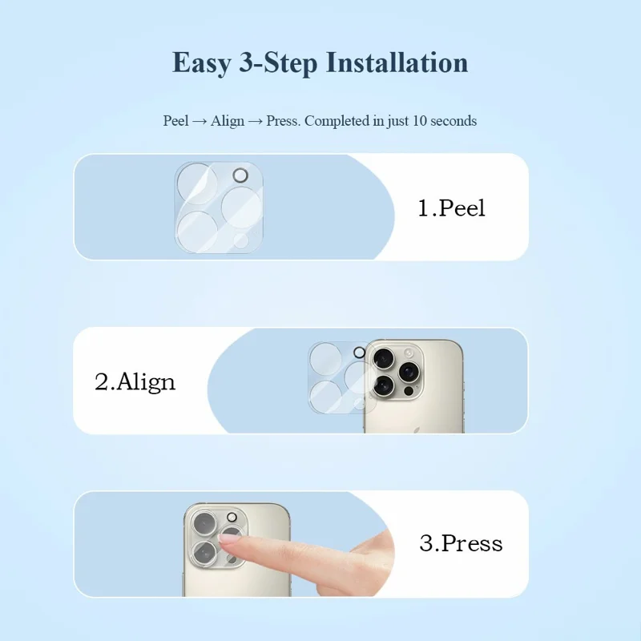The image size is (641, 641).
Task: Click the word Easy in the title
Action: (x=202, y=63)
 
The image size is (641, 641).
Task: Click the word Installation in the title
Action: (x=397, y=62)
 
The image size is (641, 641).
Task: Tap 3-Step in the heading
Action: (x=278, y=62)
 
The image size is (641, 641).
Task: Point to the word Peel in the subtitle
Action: (x=175, y=121)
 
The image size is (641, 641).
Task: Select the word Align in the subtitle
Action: (x=228, y=122)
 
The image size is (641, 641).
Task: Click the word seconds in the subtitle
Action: (x=454, y=121)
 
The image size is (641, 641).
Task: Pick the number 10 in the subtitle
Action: (x=419, y=121)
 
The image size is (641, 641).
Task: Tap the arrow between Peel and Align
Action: (x=200, y=122)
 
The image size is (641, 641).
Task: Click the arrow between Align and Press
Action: (x=255, y=122)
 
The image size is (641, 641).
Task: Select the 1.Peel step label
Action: (x=451, y=208)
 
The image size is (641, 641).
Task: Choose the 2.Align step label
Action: (x=135, y=382)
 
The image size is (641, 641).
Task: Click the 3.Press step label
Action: (x=462, y=543)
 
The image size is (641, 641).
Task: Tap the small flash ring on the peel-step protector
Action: (x=240, y=175)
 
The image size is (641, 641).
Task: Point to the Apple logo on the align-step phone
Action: (x=413, y=427)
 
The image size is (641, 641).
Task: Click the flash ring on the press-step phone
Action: (x=232, y=517)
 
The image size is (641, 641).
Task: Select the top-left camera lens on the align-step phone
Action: (x=383, y=359)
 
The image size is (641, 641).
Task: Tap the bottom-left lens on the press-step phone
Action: (x=204, y=553)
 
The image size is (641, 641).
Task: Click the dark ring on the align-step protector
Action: (x=359, y=353)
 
